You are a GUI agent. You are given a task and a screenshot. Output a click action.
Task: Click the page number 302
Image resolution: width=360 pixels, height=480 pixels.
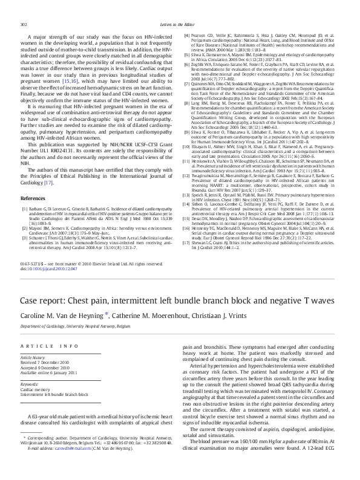coord(25,24)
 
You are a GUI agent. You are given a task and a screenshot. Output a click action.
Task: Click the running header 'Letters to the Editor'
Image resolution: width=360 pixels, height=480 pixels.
coord(180,24)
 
